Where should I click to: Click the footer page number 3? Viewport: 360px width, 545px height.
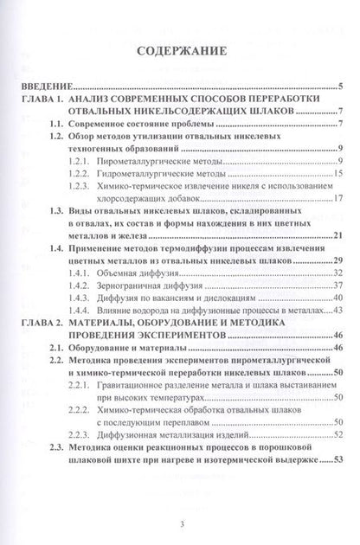coord(180,523)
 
